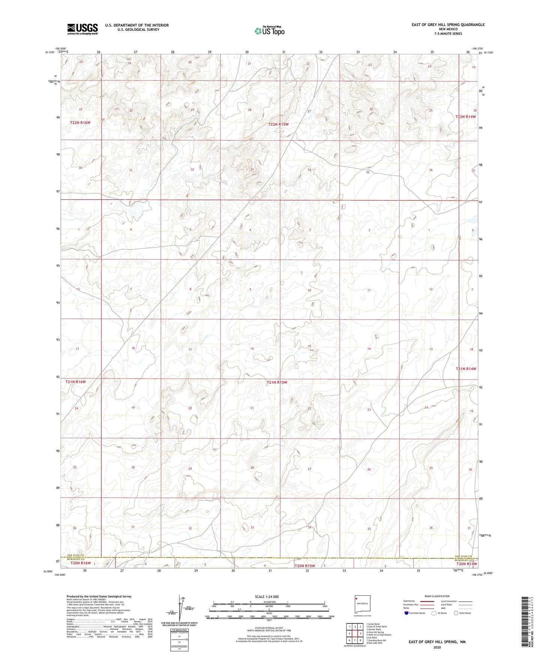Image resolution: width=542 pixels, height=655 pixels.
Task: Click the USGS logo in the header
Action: click(x=83, y=29)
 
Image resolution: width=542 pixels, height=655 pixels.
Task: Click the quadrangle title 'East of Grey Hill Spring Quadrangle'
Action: click(x=448, y=25)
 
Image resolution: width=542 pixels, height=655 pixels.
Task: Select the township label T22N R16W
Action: click(x=80, y=123)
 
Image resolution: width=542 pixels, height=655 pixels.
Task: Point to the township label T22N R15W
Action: click(x=278, y=124)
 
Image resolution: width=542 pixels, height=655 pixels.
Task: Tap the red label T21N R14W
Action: click(x=466, y=369)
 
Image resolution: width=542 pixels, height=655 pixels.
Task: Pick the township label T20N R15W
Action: click(x=305, y=566)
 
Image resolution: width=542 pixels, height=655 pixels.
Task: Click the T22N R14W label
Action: click(x=465, y=117)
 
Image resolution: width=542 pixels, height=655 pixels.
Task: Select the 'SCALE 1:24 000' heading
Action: click(x=267, y=596)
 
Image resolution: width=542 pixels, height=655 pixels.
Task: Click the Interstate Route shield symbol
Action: click(x=407, y=613)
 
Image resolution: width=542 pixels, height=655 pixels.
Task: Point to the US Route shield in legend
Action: click(x=434, y=613)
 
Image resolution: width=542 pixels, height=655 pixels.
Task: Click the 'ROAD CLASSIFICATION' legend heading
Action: click(x=437, y=596)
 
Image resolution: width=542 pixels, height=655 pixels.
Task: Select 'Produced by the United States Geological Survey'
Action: click(x=99, y=596)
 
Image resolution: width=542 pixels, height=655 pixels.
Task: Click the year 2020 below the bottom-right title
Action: click(x=437, y=647)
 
